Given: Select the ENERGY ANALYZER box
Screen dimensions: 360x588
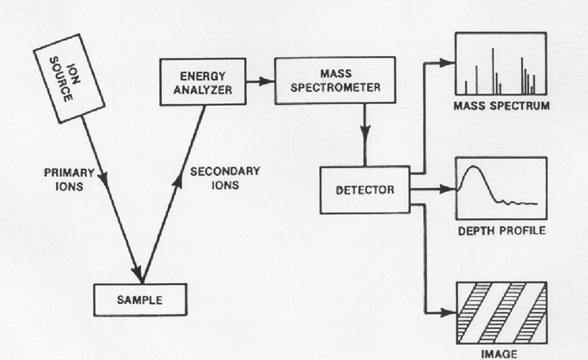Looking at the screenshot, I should click(194, 82).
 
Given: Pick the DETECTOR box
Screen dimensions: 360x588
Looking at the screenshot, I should click(365, 188).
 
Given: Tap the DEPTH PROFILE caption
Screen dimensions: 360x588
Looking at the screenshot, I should click(501, 230).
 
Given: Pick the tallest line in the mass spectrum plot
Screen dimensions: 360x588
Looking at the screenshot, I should click(493, 69).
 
